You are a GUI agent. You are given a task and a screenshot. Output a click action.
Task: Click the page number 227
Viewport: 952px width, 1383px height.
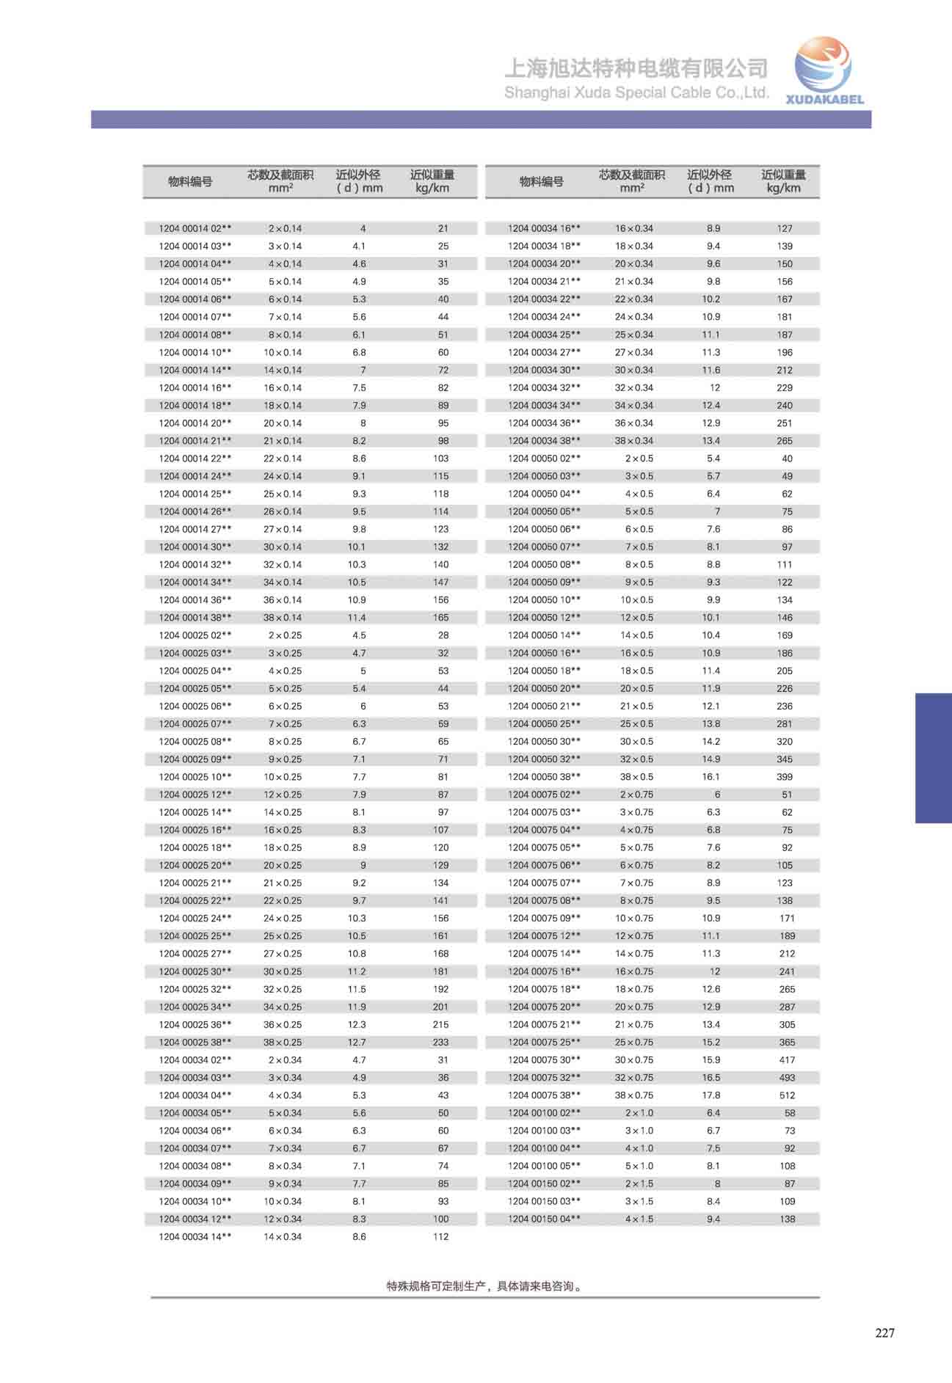tap(884, 1333)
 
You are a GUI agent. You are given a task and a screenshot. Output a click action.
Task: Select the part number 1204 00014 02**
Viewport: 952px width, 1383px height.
tap(195, 229)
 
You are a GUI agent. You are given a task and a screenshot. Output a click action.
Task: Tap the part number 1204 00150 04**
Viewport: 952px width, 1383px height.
tap(544, 1219)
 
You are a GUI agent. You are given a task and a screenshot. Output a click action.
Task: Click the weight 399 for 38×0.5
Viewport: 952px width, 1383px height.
tap(785, 777)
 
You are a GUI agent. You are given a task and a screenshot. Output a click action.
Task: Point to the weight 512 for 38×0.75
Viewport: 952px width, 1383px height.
tap(787, 1095)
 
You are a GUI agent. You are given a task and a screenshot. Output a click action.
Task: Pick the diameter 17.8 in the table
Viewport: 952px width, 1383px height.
tap(711, 1095)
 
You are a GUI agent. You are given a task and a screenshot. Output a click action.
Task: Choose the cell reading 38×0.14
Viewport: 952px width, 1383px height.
tap(283, 618)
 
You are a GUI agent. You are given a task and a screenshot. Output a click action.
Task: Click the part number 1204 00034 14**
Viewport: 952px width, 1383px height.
tap(195, 1237)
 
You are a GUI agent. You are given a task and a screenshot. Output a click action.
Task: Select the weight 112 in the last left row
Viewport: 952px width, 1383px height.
tap(440, 1237)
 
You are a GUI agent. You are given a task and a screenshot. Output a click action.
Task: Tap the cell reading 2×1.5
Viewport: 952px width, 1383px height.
tap(639, 1183)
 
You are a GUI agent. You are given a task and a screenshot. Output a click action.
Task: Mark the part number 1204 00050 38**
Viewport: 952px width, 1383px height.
tap(544, 777)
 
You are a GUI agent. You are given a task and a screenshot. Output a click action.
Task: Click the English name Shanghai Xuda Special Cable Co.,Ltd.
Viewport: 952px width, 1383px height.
tap(636, 93)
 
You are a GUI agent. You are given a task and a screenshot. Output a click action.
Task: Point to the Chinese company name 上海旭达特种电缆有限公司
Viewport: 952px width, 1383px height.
tap(636, 69)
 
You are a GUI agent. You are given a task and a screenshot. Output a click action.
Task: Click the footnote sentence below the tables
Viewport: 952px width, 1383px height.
tap(485, 1286)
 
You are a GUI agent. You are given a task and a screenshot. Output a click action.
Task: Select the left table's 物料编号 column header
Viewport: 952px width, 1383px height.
tap(190, 182)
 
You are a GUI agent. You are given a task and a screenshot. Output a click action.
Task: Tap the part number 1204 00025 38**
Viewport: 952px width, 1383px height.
tap(195, 1043)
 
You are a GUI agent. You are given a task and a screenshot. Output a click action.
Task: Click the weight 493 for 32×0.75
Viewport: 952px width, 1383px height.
tap(787, 1078)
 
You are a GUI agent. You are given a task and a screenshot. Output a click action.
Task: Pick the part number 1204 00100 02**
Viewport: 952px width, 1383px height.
tap(544, 1113)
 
